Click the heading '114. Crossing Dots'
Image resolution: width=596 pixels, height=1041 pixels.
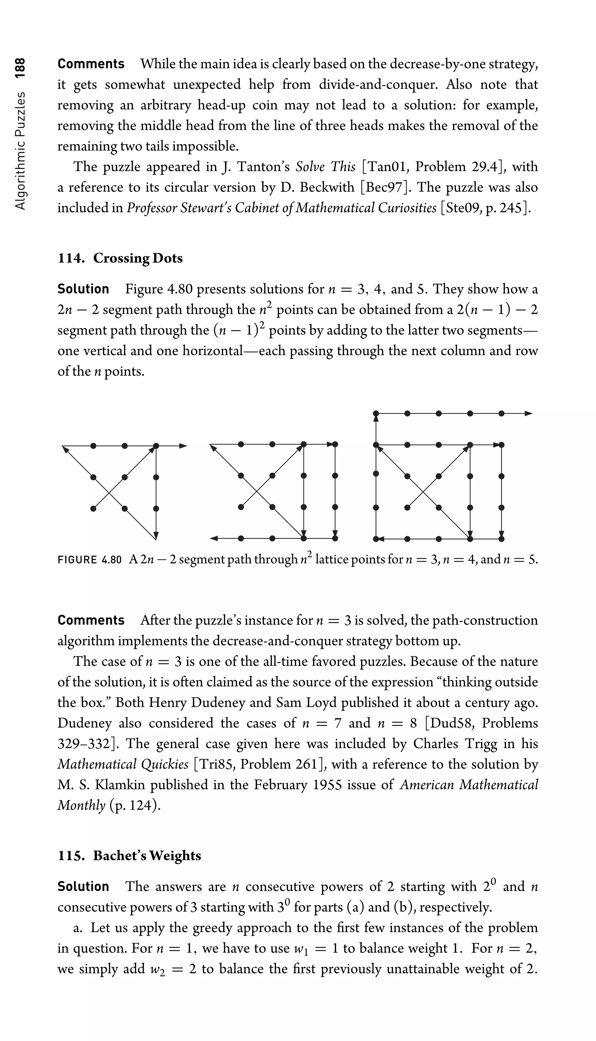[120, 258]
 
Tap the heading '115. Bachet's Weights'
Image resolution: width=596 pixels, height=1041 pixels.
[129, 856]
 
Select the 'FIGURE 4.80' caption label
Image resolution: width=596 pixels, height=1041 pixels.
[90, 560]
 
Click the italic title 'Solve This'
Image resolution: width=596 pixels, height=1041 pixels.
[325, 167]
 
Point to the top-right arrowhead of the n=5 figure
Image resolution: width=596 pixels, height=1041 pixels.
[528, 414]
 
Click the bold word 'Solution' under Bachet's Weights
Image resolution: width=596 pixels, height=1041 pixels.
[83, 886]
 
